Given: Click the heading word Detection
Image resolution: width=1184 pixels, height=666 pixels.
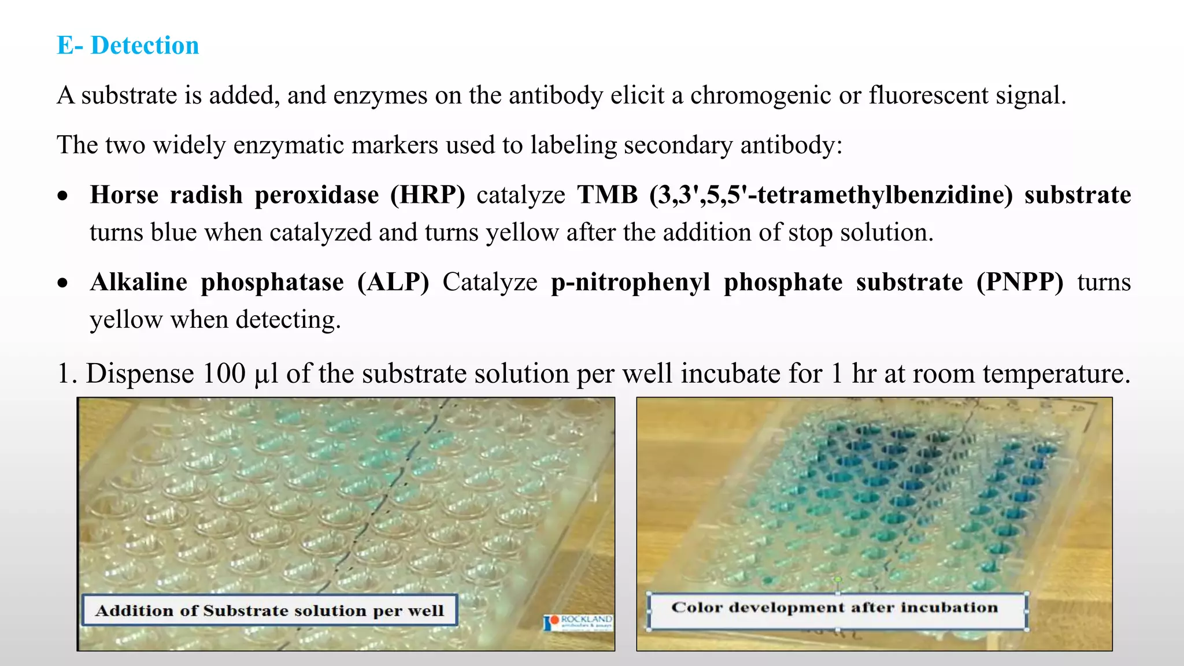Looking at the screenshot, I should coord(145,46).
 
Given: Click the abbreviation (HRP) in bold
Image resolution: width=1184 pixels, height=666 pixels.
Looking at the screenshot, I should coord(427,195).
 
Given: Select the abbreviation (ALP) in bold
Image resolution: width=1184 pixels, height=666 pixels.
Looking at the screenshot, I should coord(393,282).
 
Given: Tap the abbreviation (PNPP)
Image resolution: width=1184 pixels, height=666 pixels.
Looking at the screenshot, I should coord(1020,282).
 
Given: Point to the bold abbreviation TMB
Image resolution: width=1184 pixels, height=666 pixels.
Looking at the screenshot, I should coord(607,195).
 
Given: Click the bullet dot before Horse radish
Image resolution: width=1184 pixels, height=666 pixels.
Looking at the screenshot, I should coord(63,196).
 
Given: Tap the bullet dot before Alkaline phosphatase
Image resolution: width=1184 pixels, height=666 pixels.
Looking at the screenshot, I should coord(63,283).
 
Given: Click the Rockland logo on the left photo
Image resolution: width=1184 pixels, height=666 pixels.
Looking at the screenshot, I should coord(578,623).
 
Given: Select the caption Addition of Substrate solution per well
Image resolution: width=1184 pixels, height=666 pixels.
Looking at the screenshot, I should coord(269,610).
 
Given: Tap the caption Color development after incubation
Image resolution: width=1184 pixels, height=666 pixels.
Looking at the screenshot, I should coord(834,608).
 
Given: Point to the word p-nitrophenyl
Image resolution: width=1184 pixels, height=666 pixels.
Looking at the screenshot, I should coord(630,282).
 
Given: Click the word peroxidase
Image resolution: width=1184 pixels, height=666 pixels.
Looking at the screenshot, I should coord(317,195).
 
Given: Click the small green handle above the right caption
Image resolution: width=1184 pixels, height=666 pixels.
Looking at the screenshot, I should coord(838,579).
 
